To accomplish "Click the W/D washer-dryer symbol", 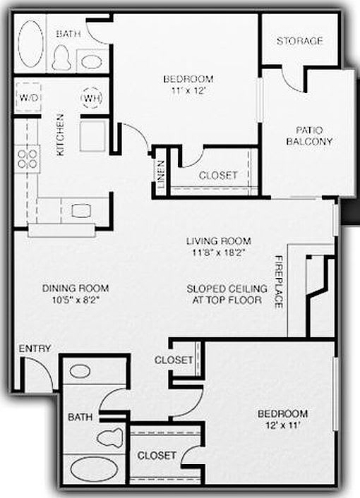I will [x=28, y=97].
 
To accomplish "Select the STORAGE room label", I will [x=299, y=41].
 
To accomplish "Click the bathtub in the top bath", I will [x=30, y=44].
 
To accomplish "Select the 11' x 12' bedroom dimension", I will [x=188, y=90].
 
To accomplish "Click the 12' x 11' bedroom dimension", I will [x=282, y=425].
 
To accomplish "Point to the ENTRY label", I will [x=34, y=349].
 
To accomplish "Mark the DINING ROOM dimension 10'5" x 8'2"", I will [x=75, y=299].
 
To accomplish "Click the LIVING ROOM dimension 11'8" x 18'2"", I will [x=218, y=252].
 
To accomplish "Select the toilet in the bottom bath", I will [x=109, y=437].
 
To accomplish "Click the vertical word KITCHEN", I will [x=61, y=135].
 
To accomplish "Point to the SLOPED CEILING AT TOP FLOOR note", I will [x=227, y=294].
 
